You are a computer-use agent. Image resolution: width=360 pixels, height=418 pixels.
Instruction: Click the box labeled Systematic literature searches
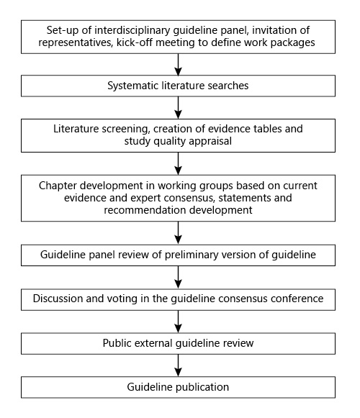(x=179, y=86)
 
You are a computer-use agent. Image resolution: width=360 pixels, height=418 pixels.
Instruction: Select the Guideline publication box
(x=179, y=386)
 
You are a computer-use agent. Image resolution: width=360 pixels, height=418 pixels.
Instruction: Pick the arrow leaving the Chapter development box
(x=179, y=232)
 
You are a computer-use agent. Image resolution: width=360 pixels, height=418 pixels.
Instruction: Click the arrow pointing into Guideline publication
(x=179, y=365)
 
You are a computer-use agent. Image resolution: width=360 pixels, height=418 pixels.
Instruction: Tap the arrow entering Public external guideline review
(x=179, y=320)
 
